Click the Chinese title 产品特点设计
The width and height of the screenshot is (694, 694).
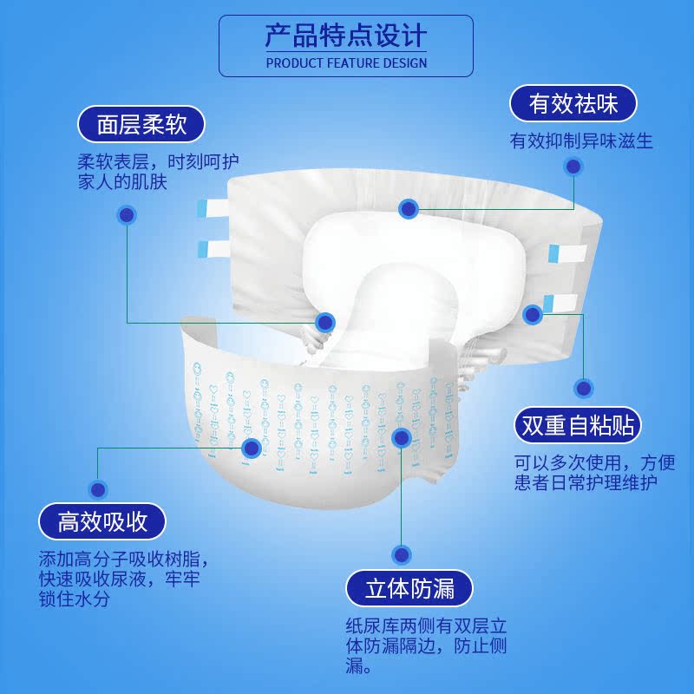tap(346, 36)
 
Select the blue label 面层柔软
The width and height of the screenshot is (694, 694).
tap(141, 125)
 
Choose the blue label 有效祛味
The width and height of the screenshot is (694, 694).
tap(573, 105)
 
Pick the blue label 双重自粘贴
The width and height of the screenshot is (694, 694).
tap(576, 425)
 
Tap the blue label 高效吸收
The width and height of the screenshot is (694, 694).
tap(102, 521)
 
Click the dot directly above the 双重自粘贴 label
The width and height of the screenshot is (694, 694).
tap(584, 388)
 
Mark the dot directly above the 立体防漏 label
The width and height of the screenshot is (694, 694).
tap(401, 553)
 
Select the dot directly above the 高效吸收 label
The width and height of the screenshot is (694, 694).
tap(99, 488)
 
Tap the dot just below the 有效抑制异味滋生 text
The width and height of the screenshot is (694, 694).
tap(573, 167)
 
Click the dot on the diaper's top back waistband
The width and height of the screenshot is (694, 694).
tap(409, 208)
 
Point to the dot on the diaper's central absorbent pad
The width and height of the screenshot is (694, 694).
tap(325, 323)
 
